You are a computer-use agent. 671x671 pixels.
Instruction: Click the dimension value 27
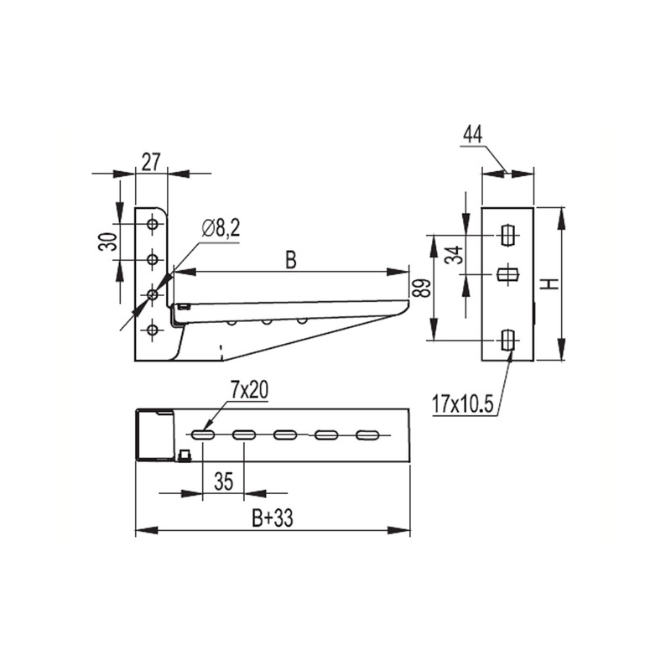[151, 163]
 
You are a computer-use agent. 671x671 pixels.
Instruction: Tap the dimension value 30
[108, 242]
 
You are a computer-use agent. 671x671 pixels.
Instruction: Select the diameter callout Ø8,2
[221, 229]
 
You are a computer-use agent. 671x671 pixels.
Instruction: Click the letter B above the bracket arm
[290, 260]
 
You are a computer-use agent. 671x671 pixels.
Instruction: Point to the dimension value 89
[422, 289]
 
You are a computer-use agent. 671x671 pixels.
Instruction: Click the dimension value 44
[473, 134]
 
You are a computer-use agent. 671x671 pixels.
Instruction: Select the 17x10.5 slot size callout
[463, 404]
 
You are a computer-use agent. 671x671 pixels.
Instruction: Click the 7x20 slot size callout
[249, 390]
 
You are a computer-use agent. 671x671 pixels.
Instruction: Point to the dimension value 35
[223, 481]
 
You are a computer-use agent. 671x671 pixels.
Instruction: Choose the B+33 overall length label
[273, 518]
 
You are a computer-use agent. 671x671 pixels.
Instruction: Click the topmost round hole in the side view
[153, 224]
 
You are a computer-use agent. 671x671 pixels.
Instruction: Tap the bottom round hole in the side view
[153, 330]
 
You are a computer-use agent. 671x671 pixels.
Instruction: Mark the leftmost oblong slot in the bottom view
[203, 435]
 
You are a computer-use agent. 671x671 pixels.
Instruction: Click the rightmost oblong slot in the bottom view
[367, 435]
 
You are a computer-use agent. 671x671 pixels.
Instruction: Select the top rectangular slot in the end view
[507, 236]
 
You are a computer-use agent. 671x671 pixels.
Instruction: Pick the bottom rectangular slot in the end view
[507, 341]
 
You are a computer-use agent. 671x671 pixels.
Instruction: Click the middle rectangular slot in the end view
[508, 274]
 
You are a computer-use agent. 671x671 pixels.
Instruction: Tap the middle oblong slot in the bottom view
[285, 435]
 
